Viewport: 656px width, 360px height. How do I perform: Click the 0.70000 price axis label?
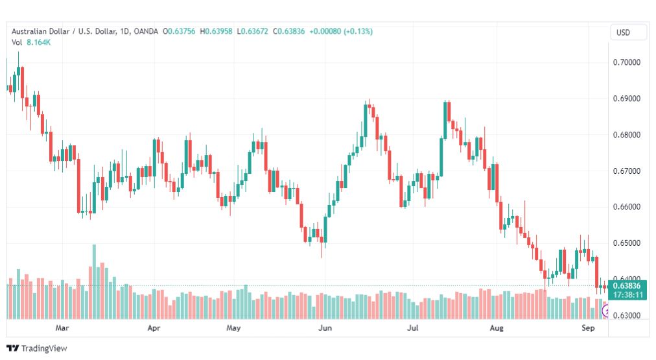pos(626,62)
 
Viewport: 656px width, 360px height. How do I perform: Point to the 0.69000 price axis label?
pos(626,99)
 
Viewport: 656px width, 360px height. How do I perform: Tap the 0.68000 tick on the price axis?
pos(626,135)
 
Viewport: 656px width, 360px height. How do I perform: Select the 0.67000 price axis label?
pos(626,171)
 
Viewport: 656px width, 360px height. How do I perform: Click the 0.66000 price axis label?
pos(626,207)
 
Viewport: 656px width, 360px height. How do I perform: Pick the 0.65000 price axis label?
pos(626,243)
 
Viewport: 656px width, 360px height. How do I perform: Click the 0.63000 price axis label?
pos(626,315)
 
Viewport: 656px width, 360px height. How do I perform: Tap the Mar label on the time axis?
pos(62,328)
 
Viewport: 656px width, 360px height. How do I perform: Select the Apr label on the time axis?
pos(154,328)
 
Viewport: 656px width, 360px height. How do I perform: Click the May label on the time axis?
pos(233,328)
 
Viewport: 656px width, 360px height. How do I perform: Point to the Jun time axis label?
pos(325,328)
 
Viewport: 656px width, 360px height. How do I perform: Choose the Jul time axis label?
pos(413,328)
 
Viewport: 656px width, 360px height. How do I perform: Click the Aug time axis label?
pos(497,328)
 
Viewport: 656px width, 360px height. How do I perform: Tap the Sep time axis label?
pos(588,328)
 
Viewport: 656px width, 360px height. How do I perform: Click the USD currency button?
pos(623,32)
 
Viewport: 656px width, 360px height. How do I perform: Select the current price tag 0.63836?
pos(627,285)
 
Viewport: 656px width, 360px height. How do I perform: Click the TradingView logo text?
pos(44,348)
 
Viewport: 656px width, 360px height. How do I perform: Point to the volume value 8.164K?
pos(38,42)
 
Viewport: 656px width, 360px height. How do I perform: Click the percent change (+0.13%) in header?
pos(358,31)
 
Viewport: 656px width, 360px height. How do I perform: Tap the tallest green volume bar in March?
pos(94,282)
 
